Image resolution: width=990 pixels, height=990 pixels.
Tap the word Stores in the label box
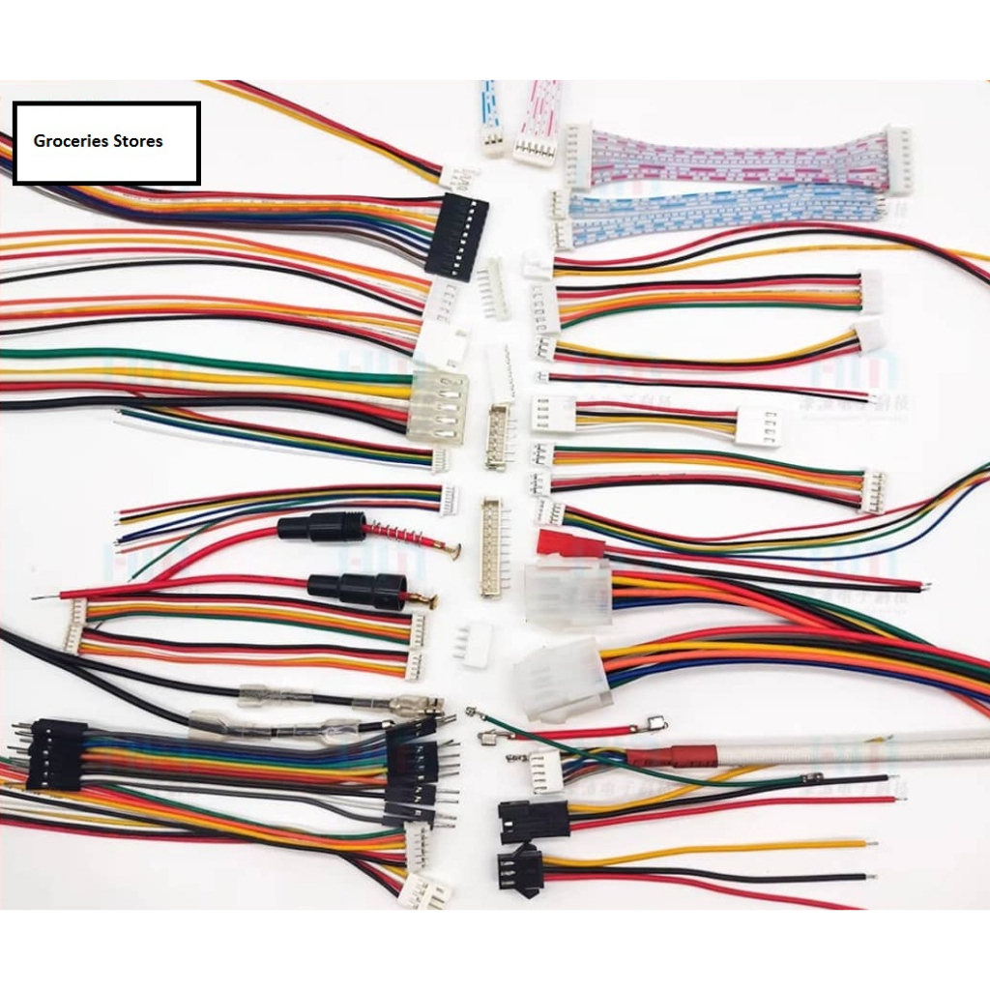[x=138, y=141]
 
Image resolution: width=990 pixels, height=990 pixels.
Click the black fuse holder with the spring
[x=322, y=528]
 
